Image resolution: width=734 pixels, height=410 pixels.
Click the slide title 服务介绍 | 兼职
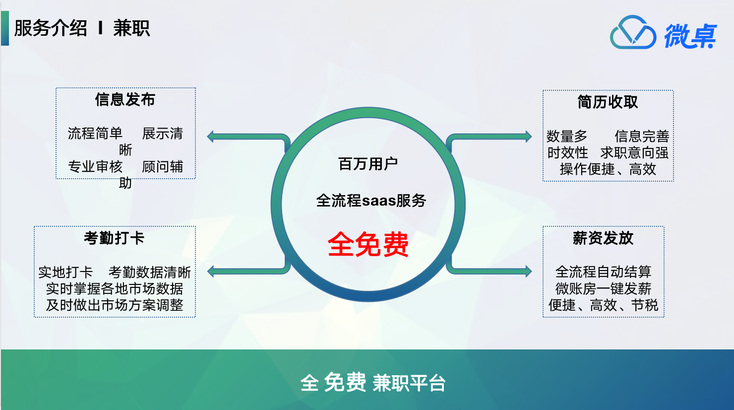point(82,28)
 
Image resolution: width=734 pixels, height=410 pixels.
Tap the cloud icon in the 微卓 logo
point(633,32)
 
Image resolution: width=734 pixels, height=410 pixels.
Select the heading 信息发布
point(125,99)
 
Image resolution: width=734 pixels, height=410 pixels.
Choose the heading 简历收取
point(608,102)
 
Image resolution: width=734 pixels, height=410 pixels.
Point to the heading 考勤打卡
point(114,238)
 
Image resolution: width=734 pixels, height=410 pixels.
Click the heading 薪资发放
point(603,238)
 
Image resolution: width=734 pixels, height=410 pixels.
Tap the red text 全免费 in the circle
point(368,244)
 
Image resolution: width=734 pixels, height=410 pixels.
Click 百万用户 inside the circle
point(368,164)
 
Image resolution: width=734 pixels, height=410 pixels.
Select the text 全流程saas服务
point(371,201)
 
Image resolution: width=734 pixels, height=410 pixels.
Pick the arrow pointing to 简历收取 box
point(489,137)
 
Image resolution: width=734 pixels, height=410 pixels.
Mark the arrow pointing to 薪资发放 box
point(489,271)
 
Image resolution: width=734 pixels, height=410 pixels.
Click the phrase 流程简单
point(95,134)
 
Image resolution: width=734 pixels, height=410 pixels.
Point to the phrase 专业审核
point(95,167)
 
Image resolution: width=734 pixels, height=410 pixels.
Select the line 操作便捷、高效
point(608,169)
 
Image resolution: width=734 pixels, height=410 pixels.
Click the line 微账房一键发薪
point(603,289)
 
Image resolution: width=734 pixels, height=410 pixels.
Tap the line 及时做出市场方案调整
point(115,305)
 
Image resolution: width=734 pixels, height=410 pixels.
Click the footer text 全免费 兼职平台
point(373,382)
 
